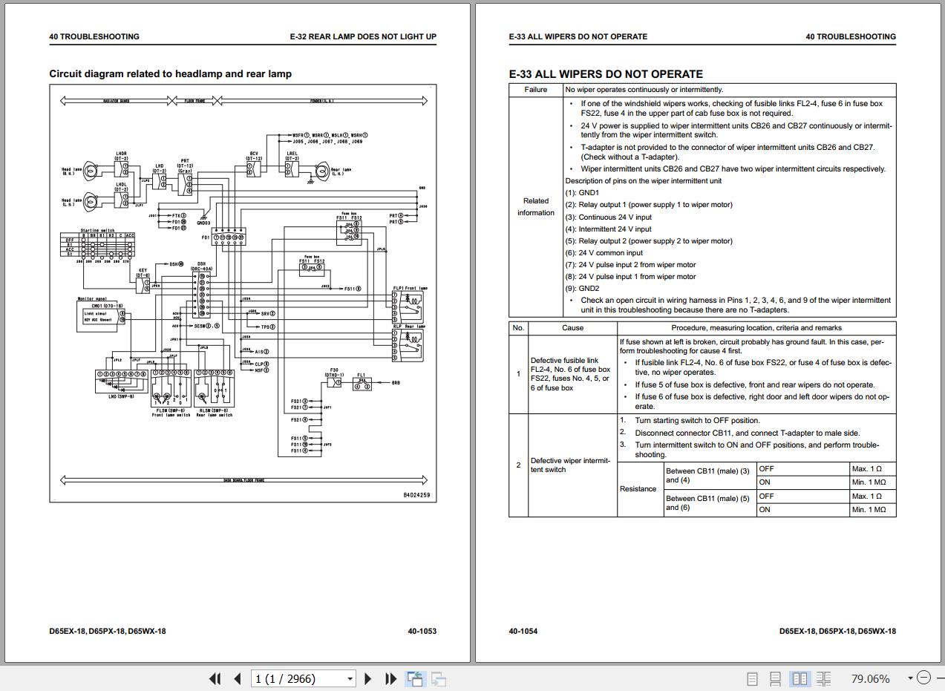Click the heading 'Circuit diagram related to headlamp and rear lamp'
pos(170,74)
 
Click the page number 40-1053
pos(422,632)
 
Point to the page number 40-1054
pos(523,632)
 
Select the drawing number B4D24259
pos(416,495)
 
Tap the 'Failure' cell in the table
pos(535,90)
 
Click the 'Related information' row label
pos(535,207)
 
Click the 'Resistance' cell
pos(638,489)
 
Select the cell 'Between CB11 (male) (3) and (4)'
pos(707,475)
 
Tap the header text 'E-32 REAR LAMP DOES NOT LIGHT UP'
pos(363,36)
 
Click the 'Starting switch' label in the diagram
pos(98,231)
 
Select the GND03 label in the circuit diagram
pos(203,223)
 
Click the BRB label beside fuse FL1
pos(396,383)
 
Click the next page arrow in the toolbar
pos(368,678)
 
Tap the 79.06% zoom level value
pos(870,678)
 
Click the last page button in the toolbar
pos(390,678)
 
